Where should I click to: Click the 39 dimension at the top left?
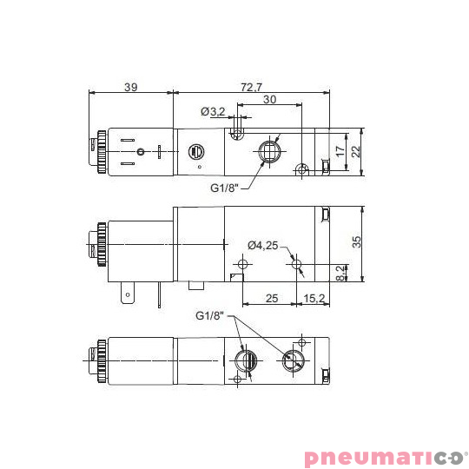tap(130, 86)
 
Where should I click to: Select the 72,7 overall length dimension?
tap(250, 86)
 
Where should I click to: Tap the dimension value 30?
tap(270, 100)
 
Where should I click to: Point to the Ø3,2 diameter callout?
tap(213, 111)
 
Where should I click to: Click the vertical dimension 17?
tap(340, 149)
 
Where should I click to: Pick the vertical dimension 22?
tap(354, 152)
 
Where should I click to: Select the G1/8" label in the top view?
tap(224, 187)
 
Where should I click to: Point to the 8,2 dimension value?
tap(340, 273)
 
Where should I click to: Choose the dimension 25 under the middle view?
tap(270, 298)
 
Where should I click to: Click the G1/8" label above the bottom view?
tap(210, 314)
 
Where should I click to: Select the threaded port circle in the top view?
tap(270, 149)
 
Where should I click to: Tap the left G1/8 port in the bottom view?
tap(245, 359)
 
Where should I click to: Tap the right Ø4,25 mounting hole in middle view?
tap(296, 263)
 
